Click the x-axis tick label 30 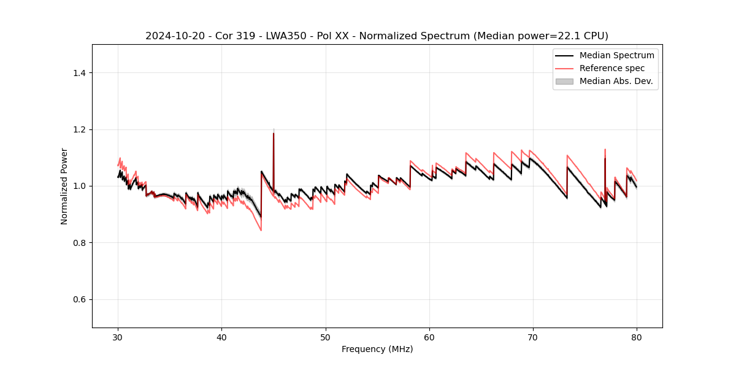click(118, 337)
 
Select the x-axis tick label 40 click(221, 337)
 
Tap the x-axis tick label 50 click(326, 337)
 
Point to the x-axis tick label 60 click(429, 337)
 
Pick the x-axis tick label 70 click(533, 337)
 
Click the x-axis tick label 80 click(637, 337)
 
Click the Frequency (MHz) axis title click(377, 349)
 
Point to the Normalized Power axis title click(64, 186)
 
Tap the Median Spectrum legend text click(616, 55)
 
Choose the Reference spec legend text click(612, 68)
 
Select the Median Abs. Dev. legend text click(616, 81)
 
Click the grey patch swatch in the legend click(564, 81)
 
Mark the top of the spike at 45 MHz click(274, 133)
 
